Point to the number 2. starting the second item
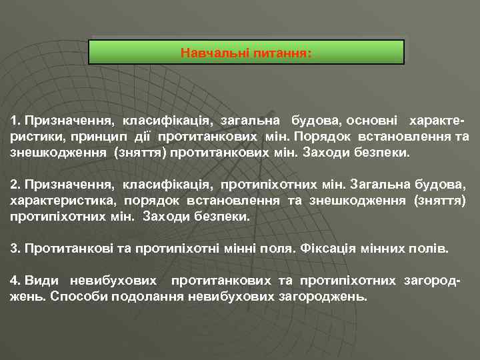tap(15, 183)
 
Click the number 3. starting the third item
tap(15, 249)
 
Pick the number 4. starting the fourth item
tap(15, 281)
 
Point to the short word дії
tap(167, 137)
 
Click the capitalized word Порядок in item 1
tap(321, 137)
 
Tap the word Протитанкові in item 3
tap(62, 249)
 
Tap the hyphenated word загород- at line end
tap(433, 281)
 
